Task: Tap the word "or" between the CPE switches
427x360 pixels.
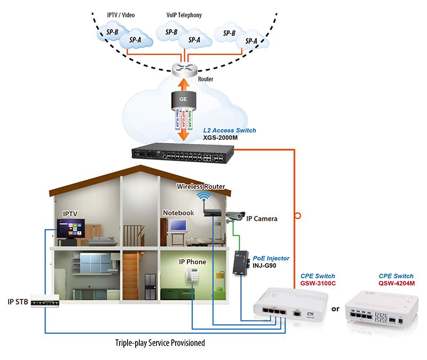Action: click(x=335, y=309)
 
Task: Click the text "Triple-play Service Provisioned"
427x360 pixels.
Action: click(x=160, y=342)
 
